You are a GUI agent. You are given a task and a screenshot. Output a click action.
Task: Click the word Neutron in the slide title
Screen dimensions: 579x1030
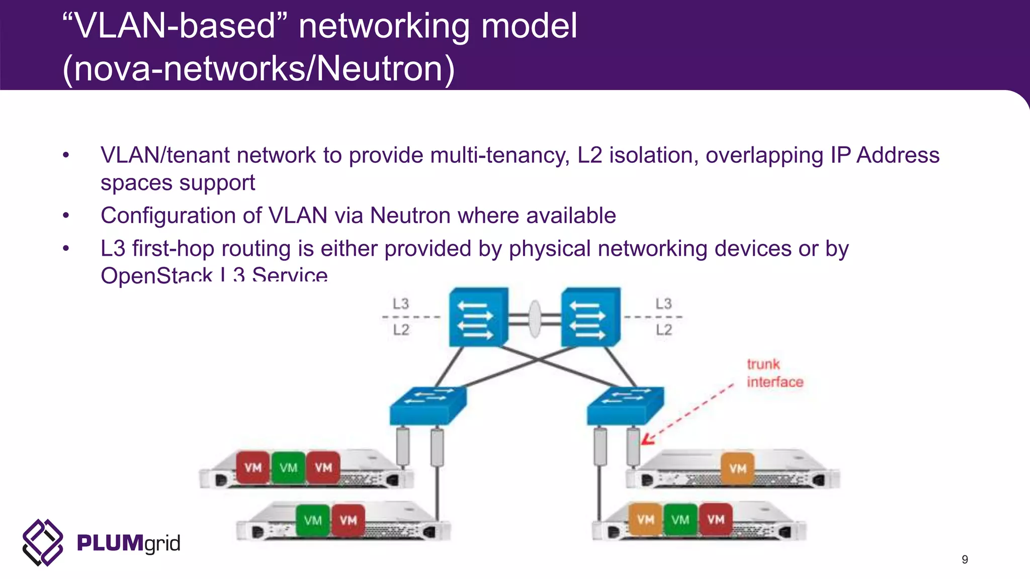(379, 69)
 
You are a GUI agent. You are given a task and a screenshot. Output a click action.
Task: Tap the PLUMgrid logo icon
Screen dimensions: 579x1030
(43, 542)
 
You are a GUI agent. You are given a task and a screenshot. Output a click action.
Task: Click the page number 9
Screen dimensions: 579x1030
(965, 559)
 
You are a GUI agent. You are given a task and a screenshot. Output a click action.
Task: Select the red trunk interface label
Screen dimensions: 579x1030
(774, 373)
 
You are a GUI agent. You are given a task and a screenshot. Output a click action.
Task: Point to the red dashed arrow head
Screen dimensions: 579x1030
(647, 440)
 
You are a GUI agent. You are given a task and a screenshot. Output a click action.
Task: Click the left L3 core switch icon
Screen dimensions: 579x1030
(478, 317)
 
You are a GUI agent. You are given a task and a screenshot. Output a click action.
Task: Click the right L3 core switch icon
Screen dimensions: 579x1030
(590, 317)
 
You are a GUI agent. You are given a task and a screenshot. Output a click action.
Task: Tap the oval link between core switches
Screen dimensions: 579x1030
(535, 319)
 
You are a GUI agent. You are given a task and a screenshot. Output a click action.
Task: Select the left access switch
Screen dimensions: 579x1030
(428, 405)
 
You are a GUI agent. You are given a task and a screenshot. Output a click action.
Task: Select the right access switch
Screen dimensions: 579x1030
(625, 405)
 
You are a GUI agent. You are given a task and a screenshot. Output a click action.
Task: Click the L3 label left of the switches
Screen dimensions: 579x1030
(401, 304)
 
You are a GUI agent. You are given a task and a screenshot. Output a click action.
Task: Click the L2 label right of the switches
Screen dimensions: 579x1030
(663, 330)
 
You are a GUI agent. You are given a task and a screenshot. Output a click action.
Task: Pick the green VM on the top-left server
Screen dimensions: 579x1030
(288, 468)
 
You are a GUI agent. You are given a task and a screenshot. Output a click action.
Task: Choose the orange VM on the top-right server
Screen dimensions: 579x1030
(737, 468)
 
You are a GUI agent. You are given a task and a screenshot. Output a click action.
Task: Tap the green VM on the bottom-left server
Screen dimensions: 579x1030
(313, 520)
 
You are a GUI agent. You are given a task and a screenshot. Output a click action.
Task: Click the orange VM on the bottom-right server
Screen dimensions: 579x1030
(645, 520)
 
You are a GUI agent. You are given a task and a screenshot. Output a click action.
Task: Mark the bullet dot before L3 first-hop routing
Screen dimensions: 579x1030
(66, 248)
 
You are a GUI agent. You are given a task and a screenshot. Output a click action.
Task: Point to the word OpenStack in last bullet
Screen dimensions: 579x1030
(156, 275)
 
